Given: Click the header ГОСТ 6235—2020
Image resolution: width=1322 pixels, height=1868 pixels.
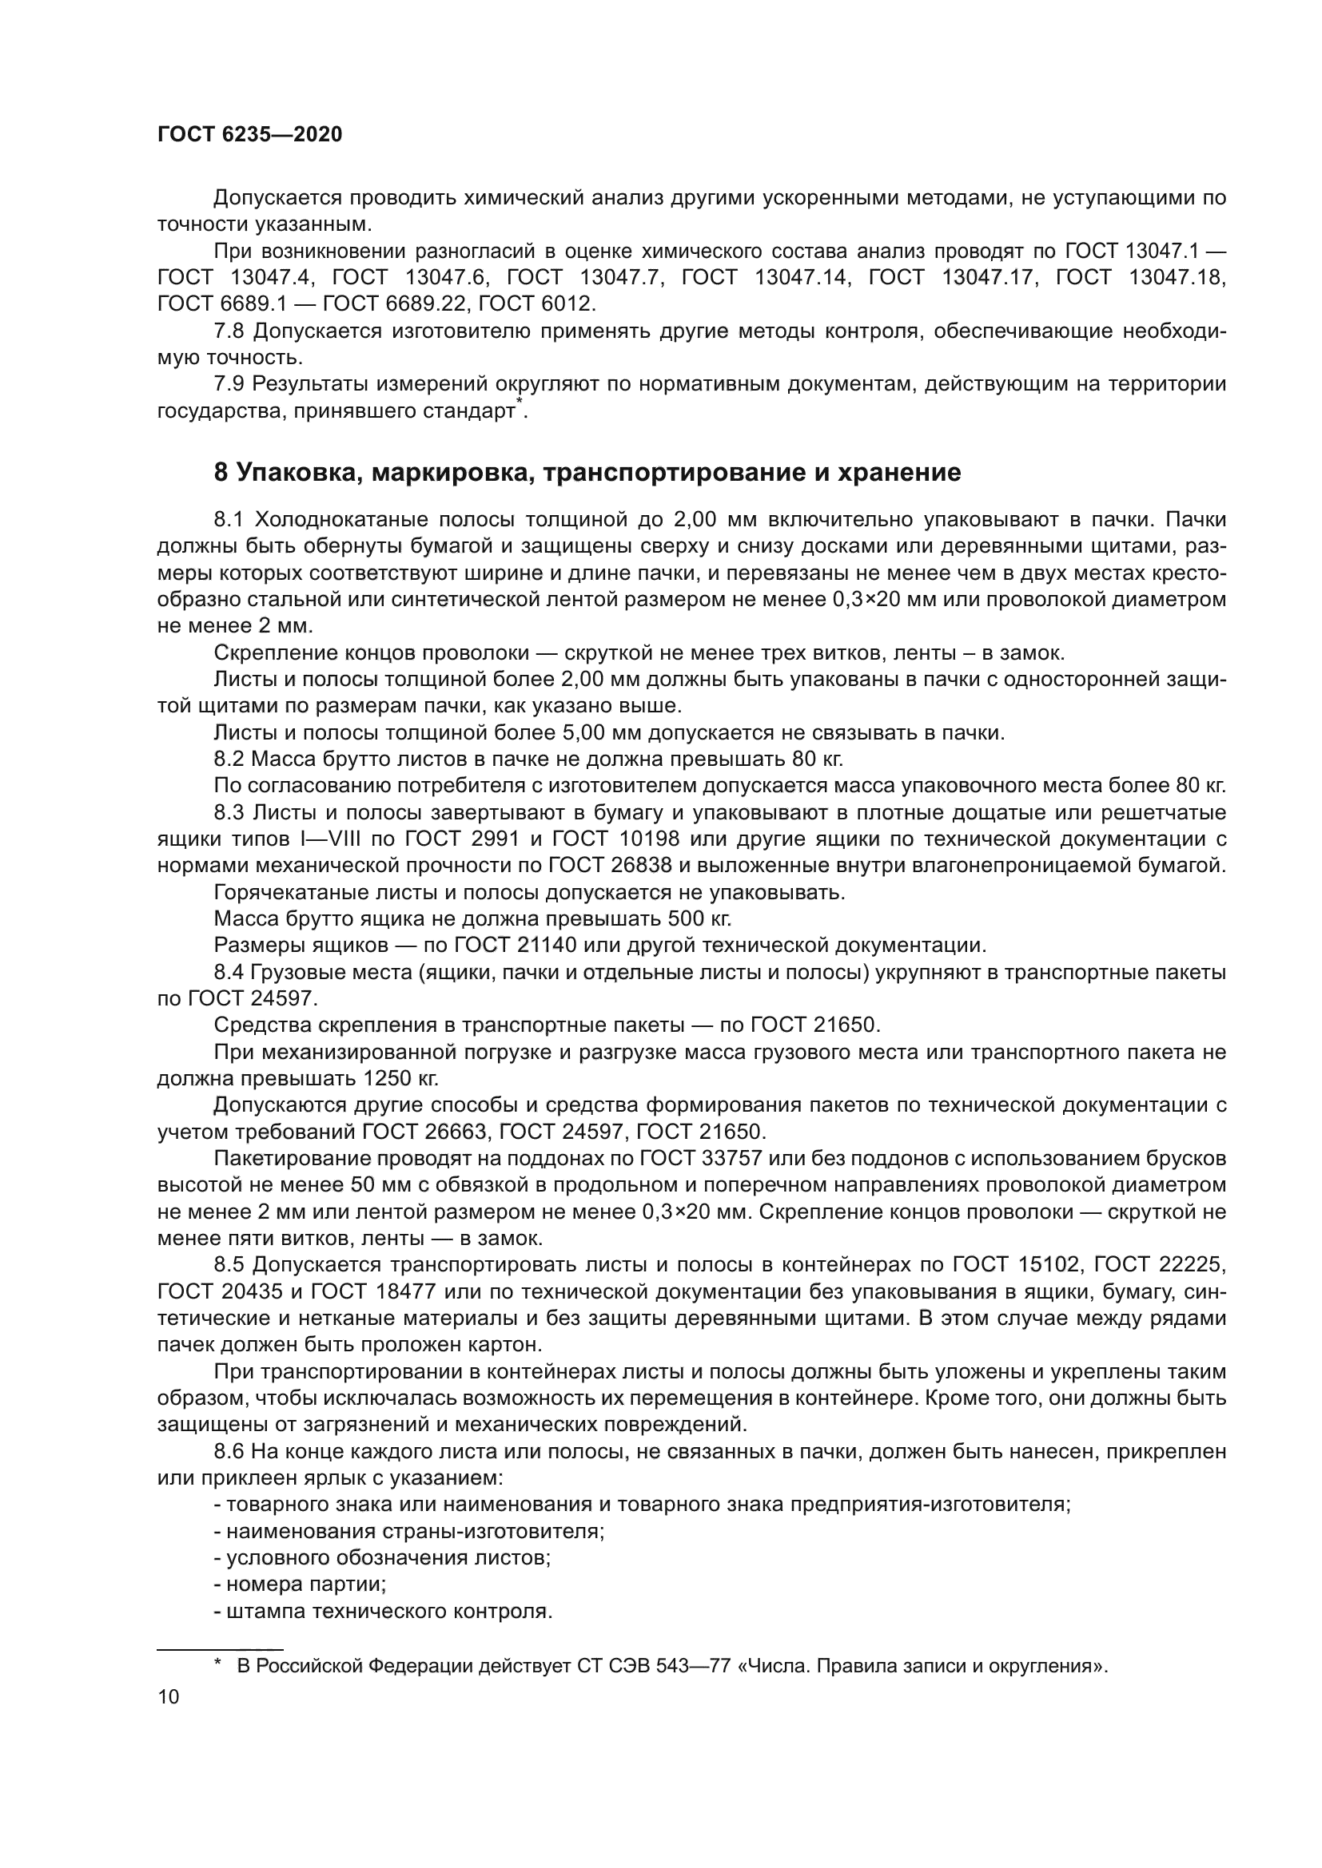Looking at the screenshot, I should click(x=250, y=135).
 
